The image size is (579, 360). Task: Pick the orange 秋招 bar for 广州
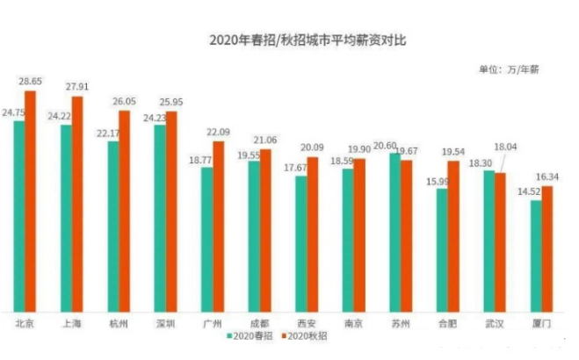(219, 227)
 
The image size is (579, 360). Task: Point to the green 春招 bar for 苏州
(394, 232)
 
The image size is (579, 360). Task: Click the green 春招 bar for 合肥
(441, 249)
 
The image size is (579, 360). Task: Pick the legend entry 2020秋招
(307, 339)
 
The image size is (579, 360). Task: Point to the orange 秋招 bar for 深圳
(171, 212)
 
